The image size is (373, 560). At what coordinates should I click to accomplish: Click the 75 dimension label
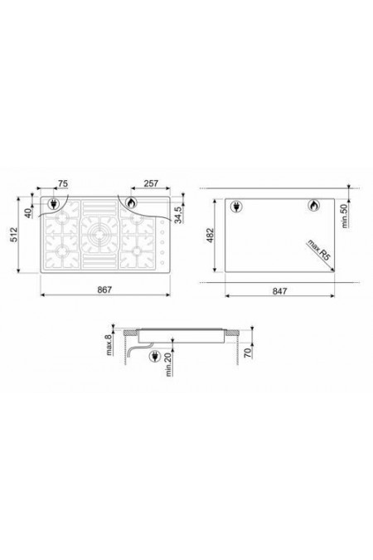pos(62,183)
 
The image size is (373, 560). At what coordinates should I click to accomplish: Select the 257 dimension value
pos(151,183)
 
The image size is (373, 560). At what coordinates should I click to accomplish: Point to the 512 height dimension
pos(13,235)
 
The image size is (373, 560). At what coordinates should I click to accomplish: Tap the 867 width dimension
pos(104,290)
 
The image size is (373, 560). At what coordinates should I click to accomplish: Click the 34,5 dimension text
pos(178,214)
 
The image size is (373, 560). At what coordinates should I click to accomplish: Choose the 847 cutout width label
pos(279,291)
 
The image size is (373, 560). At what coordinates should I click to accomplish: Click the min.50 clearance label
pos(345,216)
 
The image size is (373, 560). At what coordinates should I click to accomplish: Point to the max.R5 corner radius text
pos(319,251)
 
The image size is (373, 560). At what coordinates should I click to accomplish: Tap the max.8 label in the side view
pos(109,343)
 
